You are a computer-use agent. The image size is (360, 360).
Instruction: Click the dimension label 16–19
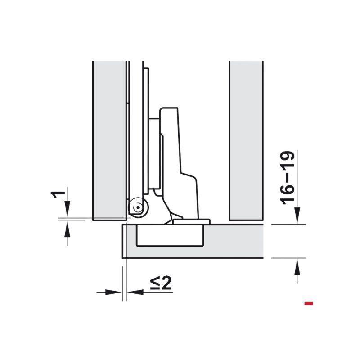point(287,178)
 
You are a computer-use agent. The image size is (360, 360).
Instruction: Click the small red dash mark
point(309,303)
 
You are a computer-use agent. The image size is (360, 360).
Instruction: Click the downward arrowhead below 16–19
point(297,216)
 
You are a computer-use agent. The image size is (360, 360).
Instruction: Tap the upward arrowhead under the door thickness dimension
point(297,266)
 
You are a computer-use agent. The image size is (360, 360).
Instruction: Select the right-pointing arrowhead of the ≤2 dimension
point(113,292)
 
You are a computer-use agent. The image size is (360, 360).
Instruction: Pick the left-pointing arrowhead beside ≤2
point(135,292)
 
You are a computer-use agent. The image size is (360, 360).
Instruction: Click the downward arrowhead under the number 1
point(67,209)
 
